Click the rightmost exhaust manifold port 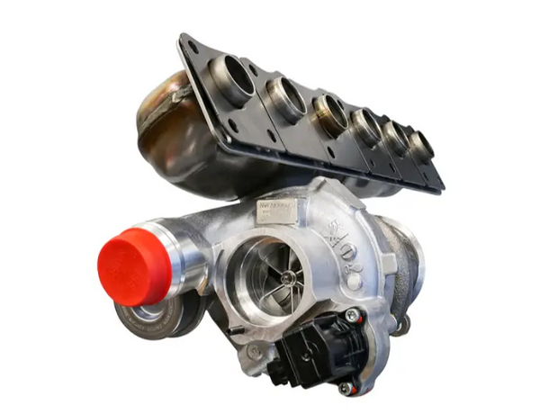pos(420,142)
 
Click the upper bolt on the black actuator pos(352,316)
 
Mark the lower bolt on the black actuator pos(344,388)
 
